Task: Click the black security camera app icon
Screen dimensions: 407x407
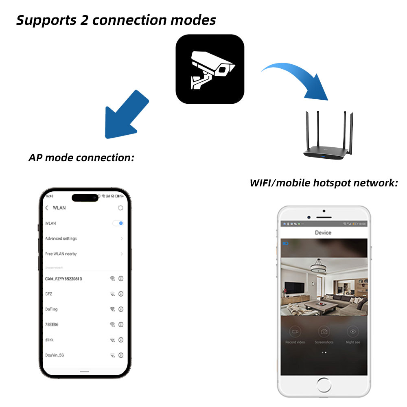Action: point(210,69)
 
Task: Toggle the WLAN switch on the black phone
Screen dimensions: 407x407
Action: point(118,223)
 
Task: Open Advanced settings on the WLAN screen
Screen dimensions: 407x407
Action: point(61,239)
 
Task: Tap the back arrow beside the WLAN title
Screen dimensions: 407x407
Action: point(47,208)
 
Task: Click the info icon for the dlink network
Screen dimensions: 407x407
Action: point(121,340)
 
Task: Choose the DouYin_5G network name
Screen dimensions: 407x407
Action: point(55,355)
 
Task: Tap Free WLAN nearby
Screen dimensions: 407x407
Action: point(61,254)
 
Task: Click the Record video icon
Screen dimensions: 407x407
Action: point(295,331)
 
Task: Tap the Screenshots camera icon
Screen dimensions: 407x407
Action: point(324,331)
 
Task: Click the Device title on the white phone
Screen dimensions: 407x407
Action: point(323,233)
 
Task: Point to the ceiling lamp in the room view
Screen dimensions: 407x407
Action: point(318,267)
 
